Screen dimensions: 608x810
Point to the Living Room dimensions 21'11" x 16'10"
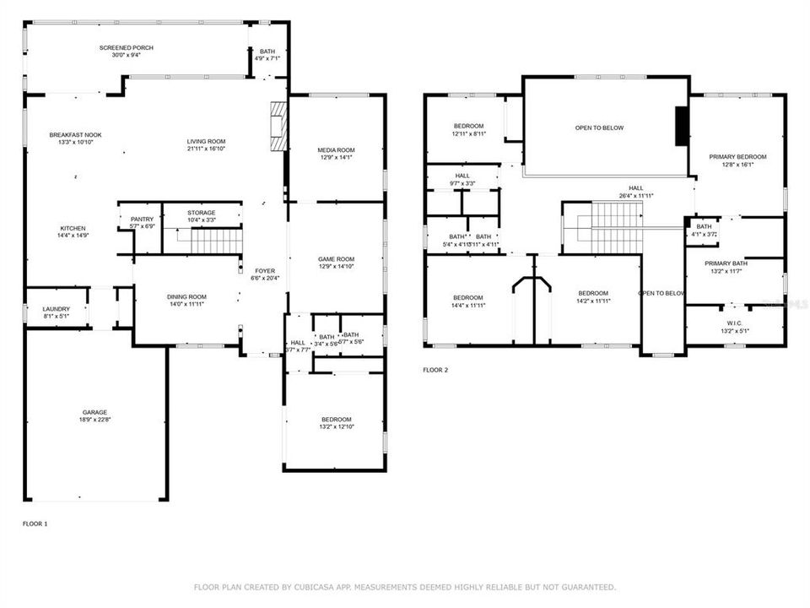[x=206, y=149]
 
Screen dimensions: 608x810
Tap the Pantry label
[x=142, y=220]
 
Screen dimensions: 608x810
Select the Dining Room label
[x=186, y=296]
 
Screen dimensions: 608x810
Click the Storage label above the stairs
[x=201, y=213]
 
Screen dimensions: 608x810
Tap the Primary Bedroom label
[x=737, y=157]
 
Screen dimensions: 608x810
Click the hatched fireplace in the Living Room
[x=278, y=127]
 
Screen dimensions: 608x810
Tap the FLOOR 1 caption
[x=35, y=524]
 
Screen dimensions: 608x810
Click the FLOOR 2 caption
[x=435, y=370]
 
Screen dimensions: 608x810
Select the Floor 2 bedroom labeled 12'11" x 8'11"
[x=468, y=126]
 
